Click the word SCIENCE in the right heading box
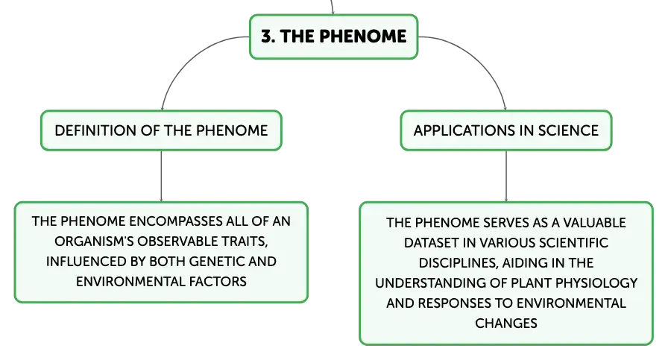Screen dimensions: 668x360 568,130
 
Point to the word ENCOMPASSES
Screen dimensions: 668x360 174,221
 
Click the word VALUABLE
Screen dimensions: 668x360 594,222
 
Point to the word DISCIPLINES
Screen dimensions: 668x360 458,262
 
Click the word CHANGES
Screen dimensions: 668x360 506,323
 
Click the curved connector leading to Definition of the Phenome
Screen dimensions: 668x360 186,55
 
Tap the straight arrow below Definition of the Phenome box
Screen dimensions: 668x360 162,176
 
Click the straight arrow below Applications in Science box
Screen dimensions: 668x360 506,176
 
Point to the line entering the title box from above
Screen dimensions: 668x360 332,7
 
